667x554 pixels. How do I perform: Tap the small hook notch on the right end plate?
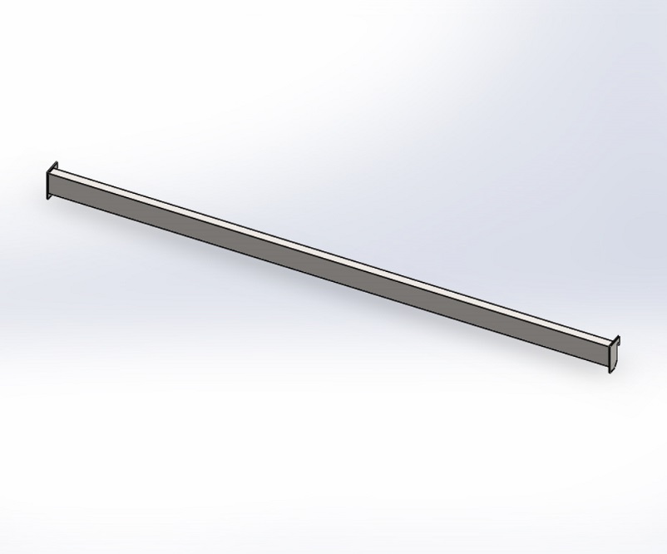pyautogui.click(x=618, y=339)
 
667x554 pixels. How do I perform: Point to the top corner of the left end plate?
pyautogui.click(x=56, y=162)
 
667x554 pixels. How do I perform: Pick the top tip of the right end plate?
pyautogui.click(x=619, y=335)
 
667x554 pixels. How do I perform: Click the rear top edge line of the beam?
pyautogui.click(x=333, y=250)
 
